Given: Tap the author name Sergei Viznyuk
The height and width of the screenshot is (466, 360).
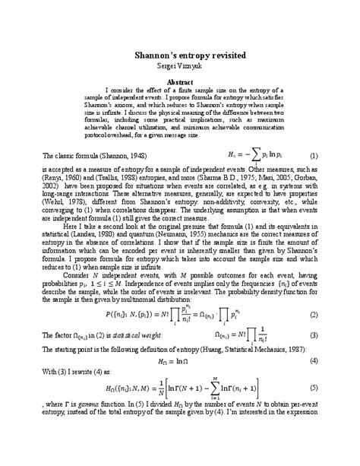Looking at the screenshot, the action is [x=180, y=66].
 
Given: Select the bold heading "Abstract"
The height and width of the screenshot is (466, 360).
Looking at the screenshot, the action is [x=180, y=81].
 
